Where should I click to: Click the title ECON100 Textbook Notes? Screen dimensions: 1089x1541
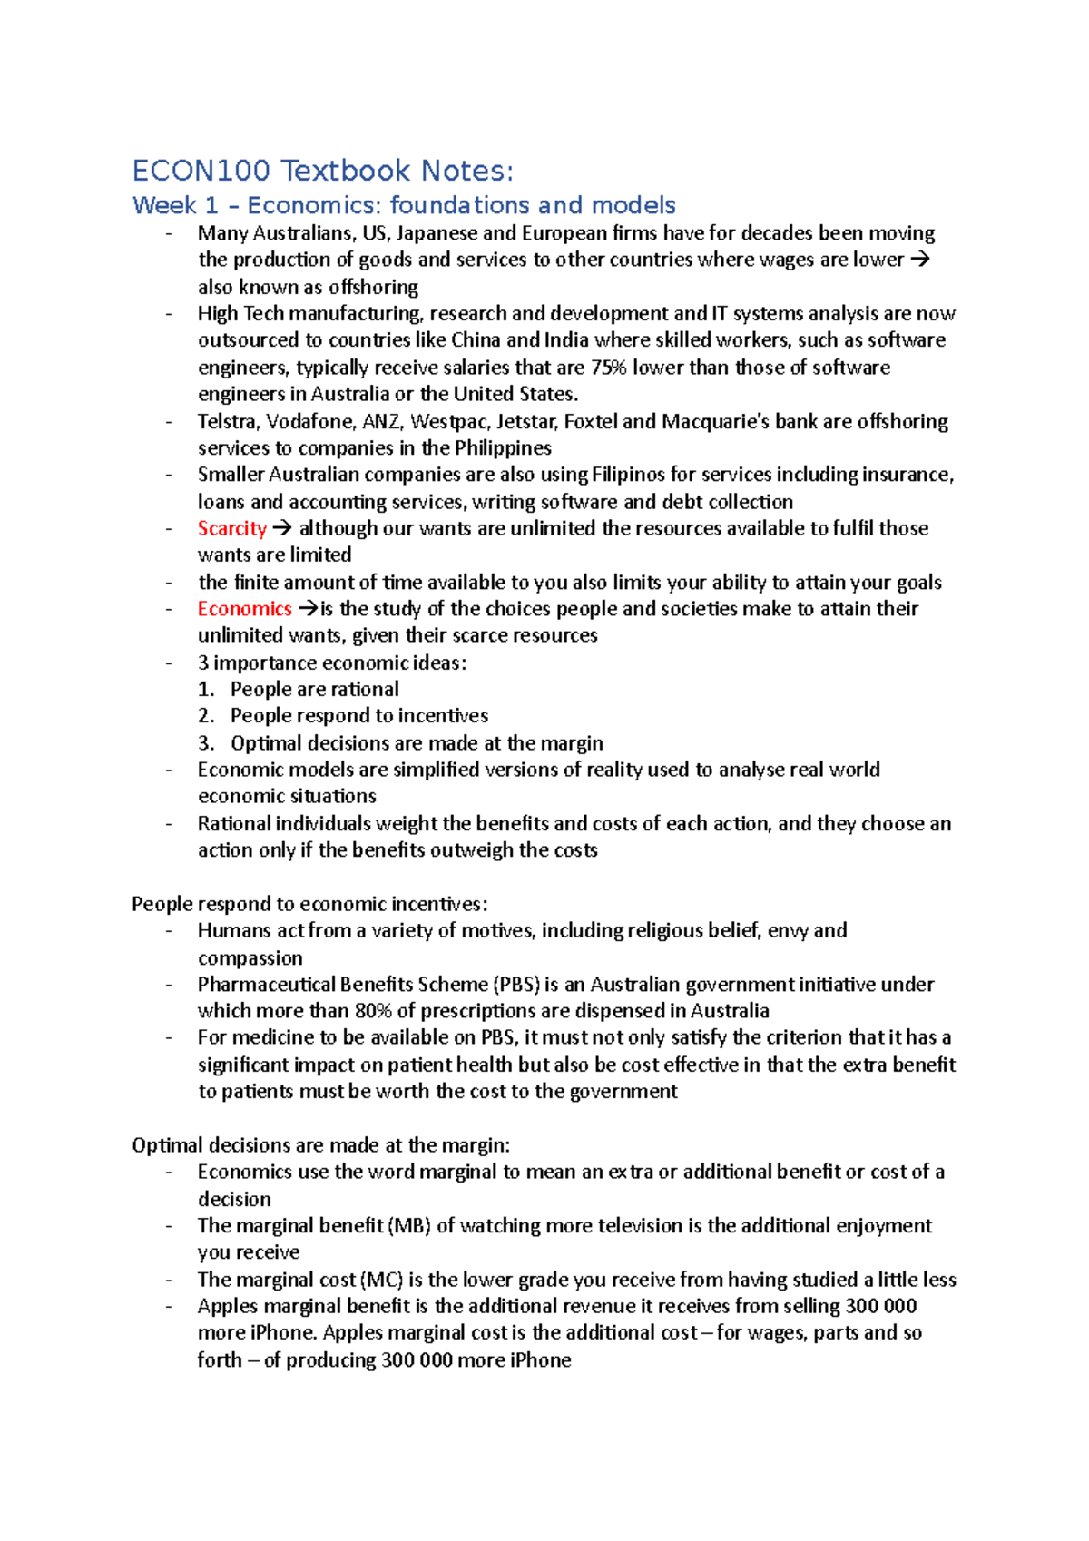tap(322, 171)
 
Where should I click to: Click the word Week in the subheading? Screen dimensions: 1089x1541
tap(164, 206)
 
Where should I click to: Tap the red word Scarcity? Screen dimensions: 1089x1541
tap(232, 528)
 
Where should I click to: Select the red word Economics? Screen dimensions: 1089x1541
tap(244, 609)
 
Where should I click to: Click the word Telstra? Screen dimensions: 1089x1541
tap(229, 421)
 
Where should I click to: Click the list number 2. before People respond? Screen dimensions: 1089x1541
tap(206, 716)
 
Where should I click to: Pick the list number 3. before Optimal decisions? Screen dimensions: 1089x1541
tap(206, 743)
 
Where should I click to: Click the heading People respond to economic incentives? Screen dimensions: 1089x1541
tap(309, 904)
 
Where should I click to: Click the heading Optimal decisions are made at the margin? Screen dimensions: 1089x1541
tap(321, 1145)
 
